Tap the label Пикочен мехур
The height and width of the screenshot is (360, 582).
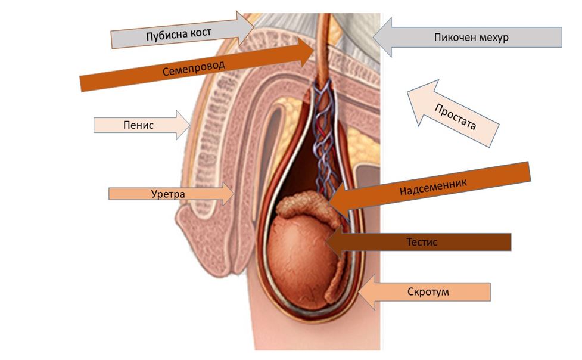click(471, 37)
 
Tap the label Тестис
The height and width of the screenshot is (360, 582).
click(422, 242)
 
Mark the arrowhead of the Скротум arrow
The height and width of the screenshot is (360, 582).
click(360, 292)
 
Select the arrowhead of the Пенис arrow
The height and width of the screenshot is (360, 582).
click(189, 125)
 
